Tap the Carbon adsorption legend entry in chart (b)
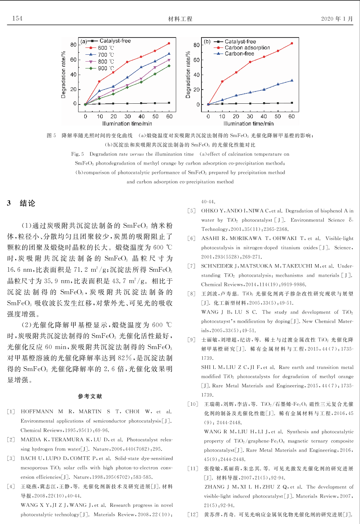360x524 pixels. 247,47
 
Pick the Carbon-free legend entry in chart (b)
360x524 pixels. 239,54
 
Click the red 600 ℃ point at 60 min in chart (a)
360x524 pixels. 169,44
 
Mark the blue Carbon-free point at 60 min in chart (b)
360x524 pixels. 292,80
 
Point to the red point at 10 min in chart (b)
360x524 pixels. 222,82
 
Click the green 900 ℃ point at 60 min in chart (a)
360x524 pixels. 169,66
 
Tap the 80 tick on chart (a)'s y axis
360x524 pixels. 73,45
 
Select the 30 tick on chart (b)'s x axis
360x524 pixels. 250,116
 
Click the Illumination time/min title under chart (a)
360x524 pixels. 127,124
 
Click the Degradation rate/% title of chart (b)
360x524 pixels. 188,75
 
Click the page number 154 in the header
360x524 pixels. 17,18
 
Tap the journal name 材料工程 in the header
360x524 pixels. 180,19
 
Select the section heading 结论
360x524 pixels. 27,203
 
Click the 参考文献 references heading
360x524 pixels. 90,396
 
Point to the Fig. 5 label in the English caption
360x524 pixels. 77,154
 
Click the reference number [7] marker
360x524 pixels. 191,266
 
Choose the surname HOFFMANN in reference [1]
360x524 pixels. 37,411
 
